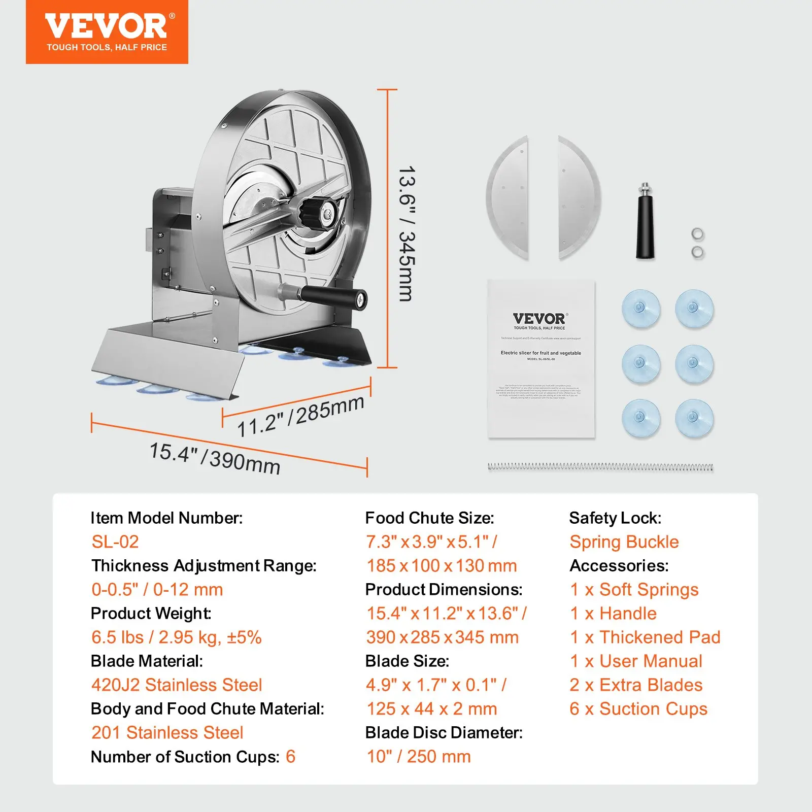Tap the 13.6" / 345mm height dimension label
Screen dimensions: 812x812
click(407, 233)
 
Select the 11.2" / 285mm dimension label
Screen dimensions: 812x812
click(300, 416)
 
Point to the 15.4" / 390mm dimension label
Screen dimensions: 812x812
click(215, 458)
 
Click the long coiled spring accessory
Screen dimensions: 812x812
click(600, 467)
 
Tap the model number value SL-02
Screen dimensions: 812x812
click(115, 542)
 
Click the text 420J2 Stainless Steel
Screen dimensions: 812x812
click(177, 685)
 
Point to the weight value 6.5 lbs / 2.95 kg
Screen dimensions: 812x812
click(176, 637)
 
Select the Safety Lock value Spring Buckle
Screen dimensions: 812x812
click(624, 542)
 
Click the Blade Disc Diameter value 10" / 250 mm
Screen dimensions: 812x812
click(419, 757)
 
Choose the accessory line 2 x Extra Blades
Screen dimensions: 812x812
click(636, 685)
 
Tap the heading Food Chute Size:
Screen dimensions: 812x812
click(429, 518)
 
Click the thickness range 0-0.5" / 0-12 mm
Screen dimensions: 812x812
click(157, 590)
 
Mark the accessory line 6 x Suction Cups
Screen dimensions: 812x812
click(638, 709)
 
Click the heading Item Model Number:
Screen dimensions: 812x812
click(166, 518)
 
